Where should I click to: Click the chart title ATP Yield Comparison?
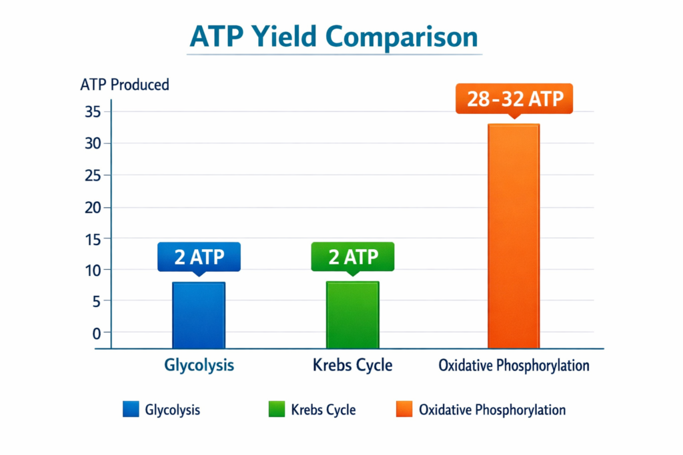(334, 37)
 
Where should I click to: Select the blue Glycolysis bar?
(199, 314)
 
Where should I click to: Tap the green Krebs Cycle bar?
(352, 314)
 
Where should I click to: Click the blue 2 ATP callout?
(199, 256)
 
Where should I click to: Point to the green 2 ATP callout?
(353, 256)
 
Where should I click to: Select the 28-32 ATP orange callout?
(514, 99)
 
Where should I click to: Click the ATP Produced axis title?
(124, 85)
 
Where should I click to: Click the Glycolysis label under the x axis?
(199, 365)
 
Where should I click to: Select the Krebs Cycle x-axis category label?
(352, 365)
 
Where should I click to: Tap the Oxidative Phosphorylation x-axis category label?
(514, 365)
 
